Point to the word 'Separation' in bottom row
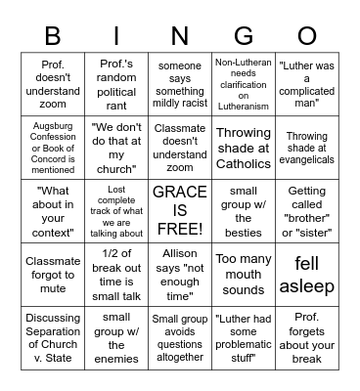coord(53,331)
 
